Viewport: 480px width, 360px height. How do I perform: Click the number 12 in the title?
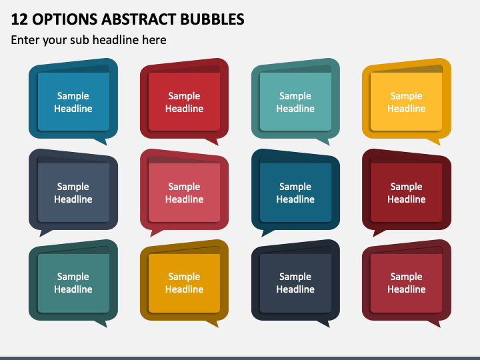19,19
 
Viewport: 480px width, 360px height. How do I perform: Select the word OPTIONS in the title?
65,19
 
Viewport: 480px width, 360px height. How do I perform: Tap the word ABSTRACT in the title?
139,19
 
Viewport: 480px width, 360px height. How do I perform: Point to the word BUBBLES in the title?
212,19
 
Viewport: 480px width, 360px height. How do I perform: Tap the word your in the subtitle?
55,41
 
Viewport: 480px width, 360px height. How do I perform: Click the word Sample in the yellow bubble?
406,96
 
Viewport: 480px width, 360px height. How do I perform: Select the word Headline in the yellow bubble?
406,109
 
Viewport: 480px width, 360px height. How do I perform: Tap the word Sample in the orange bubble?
184,277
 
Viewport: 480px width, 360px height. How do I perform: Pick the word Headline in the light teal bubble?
295,109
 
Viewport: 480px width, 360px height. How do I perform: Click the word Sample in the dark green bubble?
73,277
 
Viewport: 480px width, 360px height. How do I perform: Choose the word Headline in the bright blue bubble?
73,109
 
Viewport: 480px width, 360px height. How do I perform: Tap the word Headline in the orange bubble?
184,289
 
